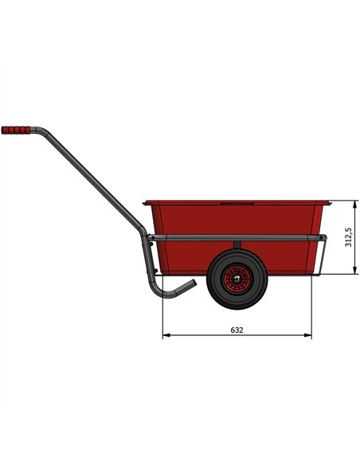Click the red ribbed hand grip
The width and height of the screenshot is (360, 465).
(x=18, y=130)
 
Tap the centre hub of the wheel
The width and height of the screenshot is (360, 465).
(x=235, y=279)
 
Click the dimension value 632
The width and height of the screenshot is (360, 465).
(x=237, y=329)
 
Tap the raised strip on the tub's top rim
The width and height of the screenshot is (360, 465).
(x=235, y=201)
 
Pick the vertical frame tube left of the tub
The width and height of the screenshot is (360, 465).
(x=147, y=263)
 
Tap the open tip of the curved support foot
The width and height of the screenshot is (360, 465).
(x=192, y=284)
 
